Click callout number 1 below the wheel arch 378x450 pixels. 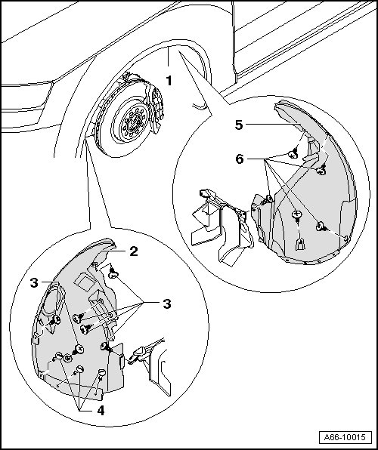169,81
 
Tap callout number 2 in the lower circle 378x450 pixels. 134,251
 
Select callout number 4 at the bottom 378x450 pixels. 101,411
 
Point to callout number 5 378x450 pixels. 239,125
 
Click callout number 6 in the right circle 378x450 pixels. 240,159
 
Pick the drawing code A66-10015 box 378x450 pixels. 345,437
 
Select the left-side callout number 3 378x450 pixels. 34,283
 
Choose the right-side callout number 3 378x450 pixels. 167,304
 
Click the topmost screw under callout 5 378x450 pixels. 293,153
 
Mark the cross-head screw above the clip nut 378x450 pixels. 297,215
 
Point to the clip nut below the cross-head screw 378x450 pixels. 300,244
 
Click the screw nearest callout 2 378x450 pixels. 113,273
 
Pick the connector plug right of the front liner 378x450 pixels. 138,353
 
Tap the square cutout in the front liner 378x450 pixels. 83,280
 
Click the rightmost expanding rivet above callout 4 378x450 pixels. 101,374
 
